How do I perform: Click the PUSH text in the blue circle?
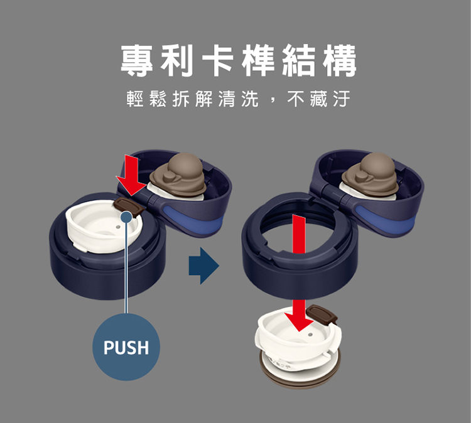coord(126,347)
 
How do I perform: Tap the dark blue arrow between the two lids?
coord(203,265)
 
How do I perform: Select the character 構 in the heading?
coord(340,60)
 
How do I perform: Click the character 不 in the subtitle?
coord(296,99)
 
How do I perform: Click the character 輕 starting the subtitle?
coord(135,99)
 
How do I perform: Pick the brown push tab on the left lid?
coord(129,207)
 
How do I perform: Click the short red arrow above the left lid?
coord(131,175)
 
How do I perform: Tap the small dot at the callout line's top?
coord(127,217)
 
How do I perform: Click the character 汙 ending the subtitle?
coord(341,99)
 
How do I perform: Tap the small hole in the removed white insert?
coord(310,335)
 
